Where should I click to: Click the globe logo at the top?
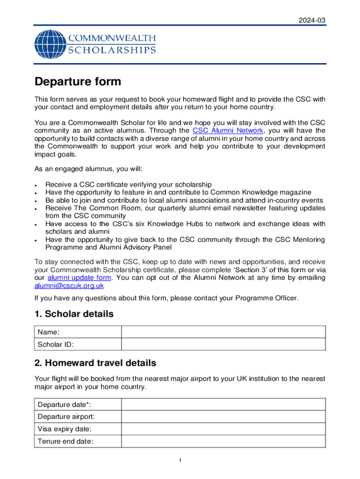pyautogui.click(x=50, y=44)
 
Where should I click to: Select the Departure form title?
pyautogui.click(x=78, y=82)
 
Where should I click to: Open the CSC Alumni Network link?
pyautogui.click(x=227, y=131)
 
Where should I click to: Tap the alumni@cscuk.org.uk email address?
pyautogui.click(x=69, y=285)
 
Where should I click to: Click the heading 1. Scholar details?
pyautogui.click(x=74, y=314)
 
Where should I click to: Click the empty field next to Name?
pyautogui.click(x=223, y=332)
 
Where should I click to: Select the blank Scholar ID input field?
pyautogui.click(x=223, y=344)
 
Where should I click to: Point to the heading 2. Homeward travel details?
pyautogui.click(x=95, y=363)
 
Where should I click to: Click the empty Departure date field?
pyautogui.click(x=223, y=404)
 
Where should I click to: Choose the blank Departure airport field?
pyautogui.click(x=223, y=416)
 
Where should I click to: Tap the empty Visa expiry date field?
pyautogui.click(x=223, y=428)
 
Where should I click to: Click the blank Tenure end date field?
pyautogui.click(x=223, y=441)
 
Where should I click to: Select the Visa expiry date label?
pyautogui.click(x=65, y=428)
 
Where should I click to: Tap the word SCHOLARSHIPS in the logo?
pyautogui.click(x=112, y=50)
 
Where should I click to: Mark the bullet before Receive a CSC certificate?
pyautogui.click(x=36, y=185)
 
